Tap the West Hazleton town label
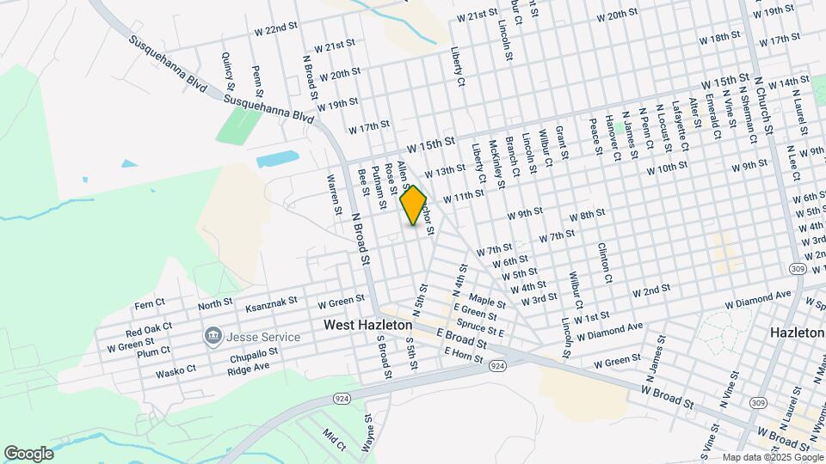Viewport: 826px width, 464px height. [x=367, y=326]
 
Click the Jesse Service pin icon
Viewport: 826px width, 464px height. [x=213, y=336]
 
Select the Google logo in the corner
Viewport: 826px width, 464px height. [x=28, y=453]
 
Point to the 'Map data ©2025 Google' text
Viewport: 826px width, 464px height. [x=772, y=457]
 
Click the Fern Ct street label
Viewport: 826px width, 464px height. [x=149, y=306]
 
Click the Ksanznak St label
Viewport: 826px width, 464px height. [x=271, y=303]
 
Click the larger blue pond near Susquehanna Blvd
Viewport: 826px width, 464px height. [x=277, y=159]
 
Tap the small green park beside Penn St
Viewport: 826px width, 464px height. [x=238, y=125]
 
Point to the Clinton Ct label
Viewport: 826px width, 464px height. [x=605, y=262]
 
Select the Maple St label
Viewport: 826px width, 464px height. [x=487, y=302]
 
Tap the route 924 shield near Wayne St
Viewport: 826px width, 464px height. [x=340, y=400]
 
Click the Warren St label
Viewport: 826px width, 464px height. [x=334, y=195]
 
